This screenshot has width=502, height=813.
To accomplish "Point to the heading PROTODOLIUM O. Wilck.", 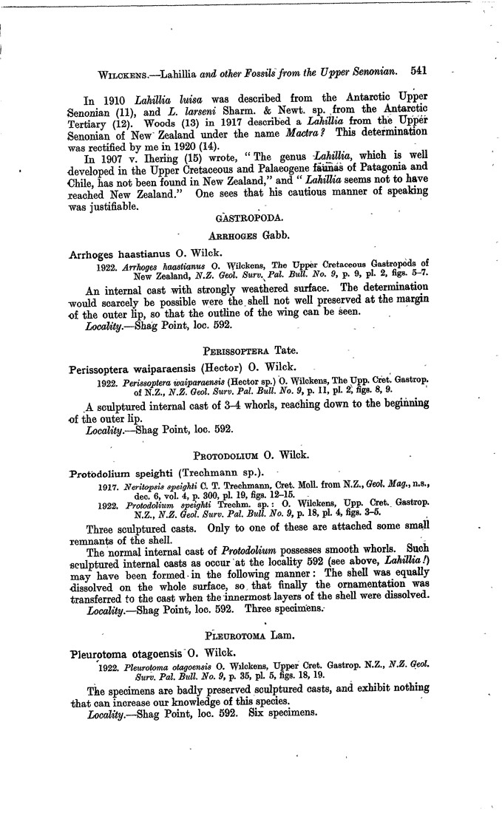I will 248,454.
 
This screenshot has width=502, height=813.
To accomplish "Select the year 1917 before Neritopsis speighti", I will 107,488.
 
